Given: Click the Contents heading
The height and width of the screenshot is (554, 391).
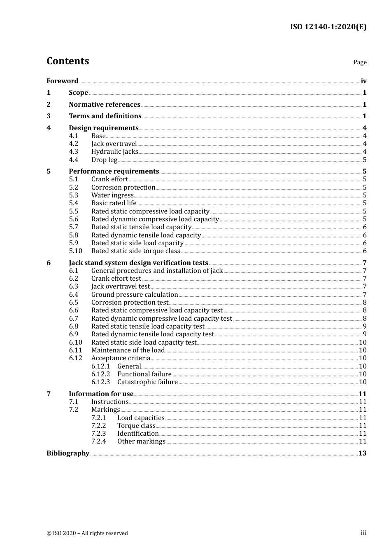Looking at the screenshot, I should [67, 61].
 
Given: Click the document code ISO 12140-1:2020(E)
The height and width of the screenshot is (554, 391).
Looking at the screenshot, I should [328, 27].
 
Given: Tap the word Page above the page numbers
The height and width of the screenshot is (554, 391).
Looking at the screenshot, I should [360, 62].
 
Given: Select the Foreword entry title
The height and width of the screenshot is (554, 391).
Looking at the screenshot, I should [62, 81].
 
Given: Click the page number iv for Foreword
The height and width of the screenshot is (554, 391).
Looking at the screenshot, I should [363, 81].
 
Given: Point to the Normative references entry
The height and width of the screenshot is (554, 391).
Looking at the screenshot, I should [105, 104].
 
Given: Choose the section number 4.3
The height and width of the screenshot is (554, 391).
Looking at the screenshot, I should [73, 152].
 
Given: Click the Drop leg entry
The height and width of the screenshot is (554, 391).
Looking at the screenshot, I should [104, 160].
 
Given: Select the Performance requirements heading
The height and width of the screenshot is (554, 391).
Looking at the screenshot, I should [114, 171].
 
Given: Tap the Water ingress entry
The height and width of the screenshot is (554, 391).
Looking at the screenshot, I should [112, 195].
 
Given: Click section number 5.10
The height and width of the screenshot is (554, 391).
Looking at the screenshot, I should [75, 251].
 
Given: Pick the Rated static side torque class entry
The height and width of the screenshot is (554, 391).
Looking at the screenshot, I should [135, 251].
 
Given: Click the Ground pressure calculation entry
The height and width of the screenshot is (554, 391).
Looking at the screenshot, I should [135, 294].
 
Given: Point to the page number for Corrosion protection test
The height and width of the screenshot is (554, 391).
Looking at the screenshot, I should [365, 302].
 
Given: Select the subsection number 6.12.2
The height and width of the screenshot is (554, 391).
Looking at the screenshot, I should [100, 374].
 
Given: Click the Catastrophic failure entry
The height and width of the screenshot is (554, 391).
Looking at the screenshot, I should [147, 382].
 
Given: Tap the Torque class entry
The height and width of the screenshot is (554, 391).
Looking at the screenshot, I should [136, 425].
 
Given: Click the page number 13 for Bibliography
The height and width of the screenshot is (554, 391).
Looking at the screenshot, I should [362, 453].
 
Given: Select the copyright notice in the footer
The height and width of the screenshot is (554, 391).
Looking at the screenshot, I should [87, 533].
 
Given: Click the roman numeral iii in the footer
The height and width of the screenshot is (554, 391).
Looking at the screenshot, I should [363, 533].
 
